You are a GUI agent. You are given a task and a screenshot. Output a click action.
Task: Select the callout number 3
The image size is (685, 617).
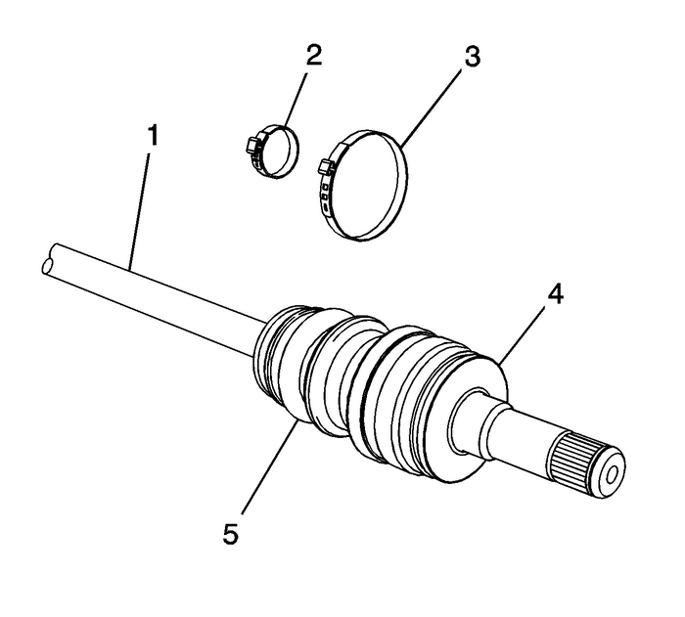(x=472, y=57)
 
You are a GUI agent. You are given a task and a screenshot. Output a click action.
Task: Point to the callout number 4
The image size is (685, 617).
(x=556, y=292)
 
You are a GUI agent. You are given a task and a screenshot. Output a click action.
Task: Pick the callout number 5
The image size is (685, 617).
(x=229, y=534)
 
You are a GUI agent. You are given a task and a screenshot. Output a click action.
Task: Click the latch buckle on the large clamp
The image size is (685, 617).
(x=326, y=168)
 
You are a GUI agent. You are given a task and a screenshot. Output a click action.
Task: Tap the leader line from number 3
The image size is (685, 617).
(x=435, y=108)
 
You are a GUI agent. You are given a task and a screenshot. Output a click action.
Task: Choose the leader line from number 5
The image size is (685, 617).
(x=264, y=469)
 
